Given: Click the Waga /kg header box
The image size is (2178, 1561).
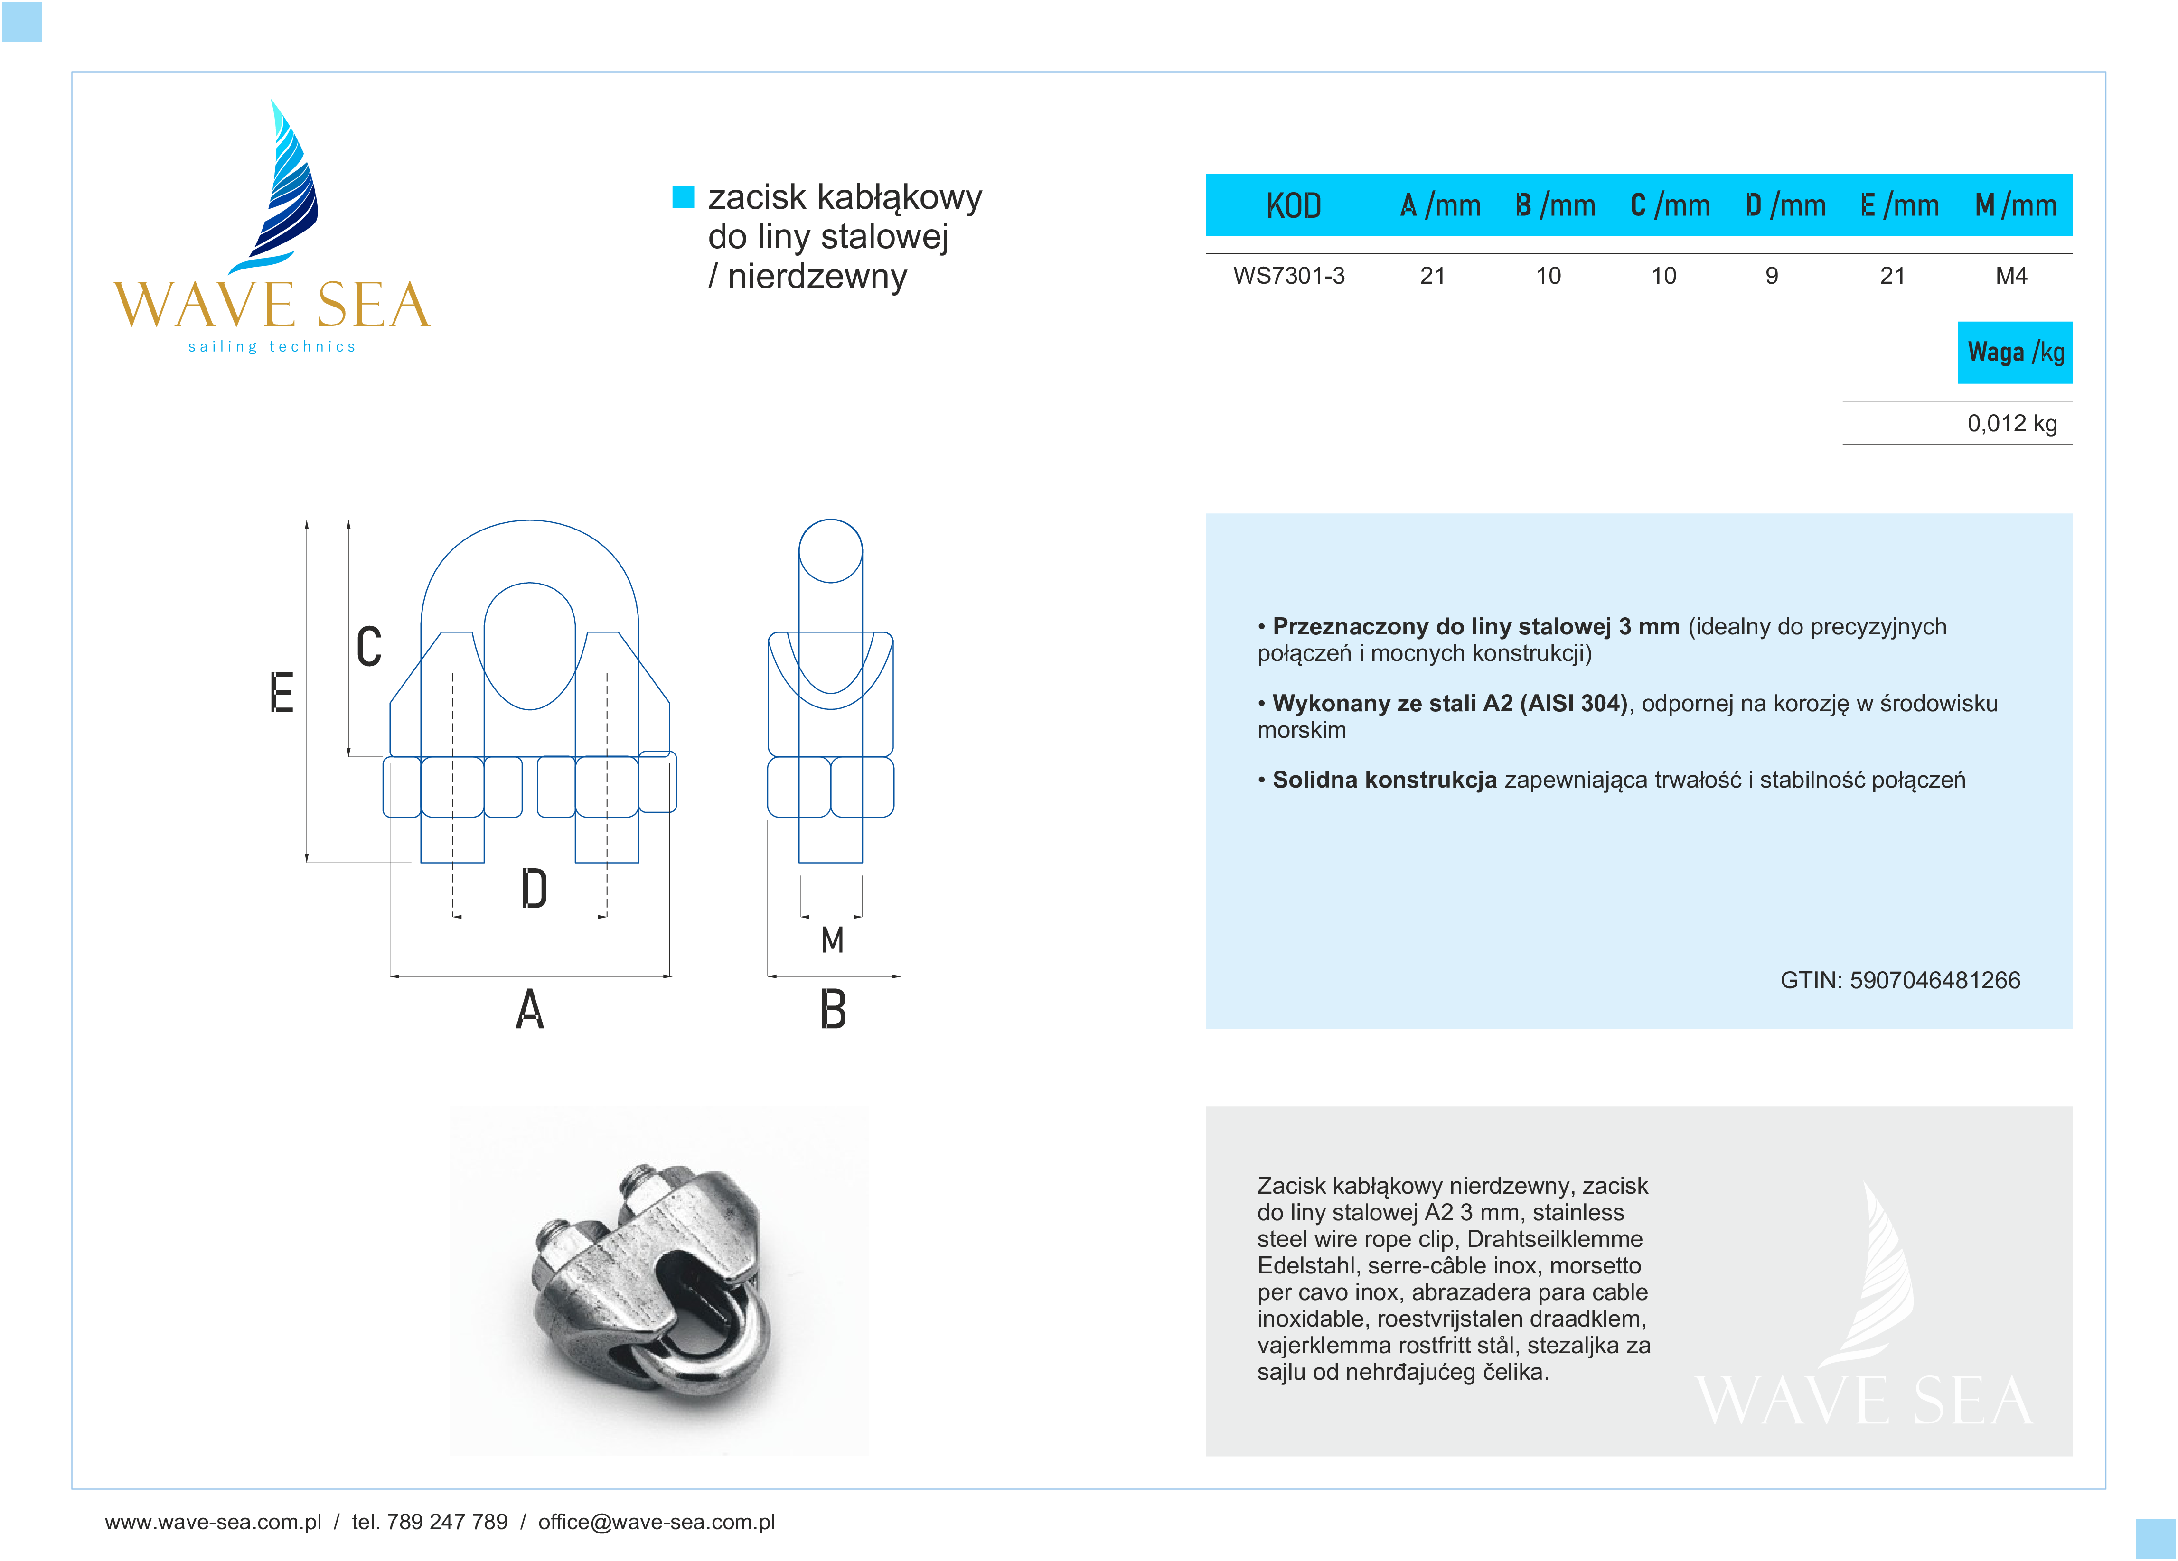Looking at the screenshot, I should (x=2015, y=353).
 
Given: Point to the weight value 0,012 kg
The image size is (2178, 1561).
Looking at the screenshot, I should (x=2012, y=423).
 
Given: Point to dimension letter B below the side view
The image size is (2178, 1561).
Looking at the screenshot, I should (x=833, y=1010).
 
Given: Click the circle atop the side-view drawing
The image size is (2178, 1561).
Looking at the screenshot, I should (x=831, y=551).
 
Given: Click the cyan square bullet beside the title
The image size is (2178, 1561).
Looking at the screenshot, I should (x=683, y=197).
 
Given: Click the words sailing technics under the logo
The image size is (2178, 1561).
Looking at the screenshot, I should (x=272, y=346).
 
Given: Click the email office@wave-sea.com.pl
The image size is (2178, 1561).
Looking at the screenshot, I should (x=657, y=1522).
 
